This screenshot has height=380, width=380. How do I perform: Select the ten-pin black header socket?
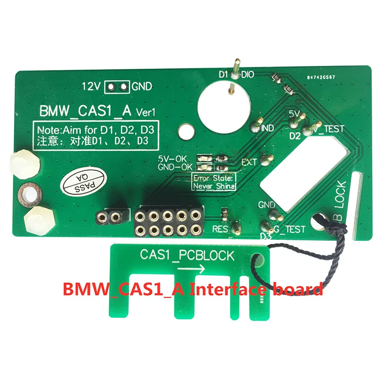168,222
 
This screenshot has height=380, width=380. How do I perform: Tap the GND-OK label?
175,167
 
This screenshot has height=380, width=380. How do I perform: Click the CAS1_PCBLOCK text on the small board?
187,255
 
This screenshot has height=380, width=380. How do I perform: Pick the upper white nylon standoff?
16,163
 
